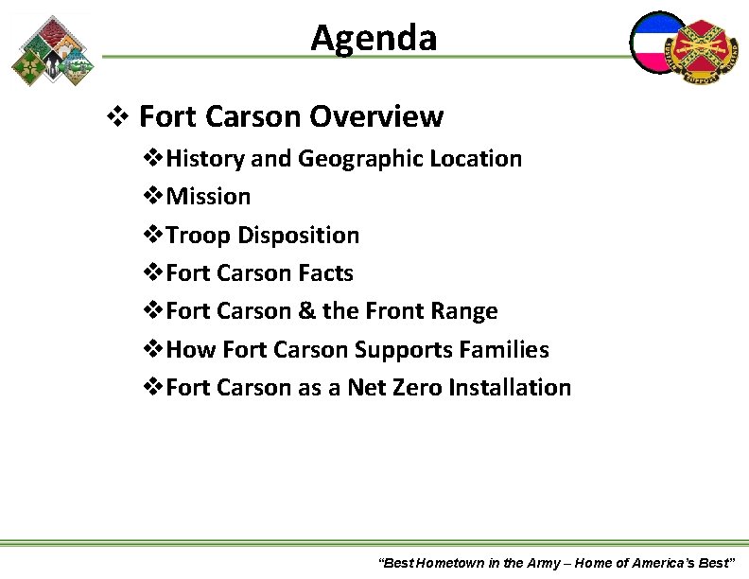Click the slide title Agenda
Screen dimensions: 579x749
tap(374, 38)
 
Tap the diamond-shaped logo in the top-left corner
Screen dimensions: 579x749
tap(53, 50)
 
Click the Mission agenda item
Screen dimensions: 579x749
tap(208, 197)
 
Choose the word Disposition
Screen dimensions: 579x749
tap(299, 236)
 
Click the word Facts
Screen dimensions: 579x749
tap(325, 273)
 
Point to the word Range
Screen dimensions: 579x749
tap(463, 311)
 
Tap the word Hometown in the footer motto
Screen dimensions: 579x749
tap(449, 563)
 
